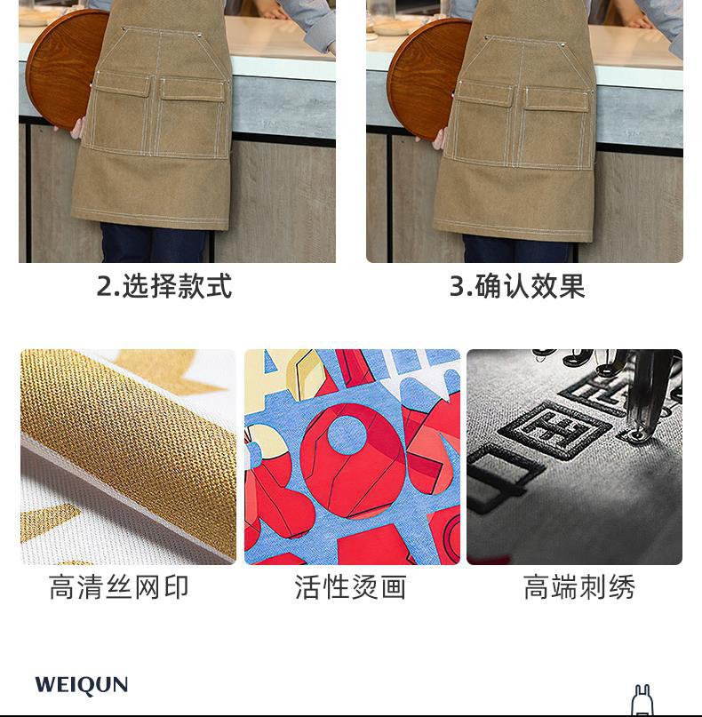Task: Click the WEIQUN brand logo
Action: tap(82, 685)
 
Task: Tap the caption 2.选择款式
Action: tap(164, 286)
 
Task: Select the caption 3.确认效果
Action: tap(517, 286)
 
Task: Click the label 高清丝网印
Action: tap(119, 587)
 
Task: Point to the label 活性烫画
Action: tap(351, 587)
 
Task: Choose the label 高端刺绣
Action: tap(579, 587)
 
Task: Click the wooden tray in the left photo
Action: tap(68, 68)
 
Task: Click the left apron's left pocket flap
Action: tap(123, 84)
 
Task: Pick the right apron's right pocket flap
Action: tap(555, 100)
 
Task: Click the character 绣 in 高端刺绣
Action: tap(621, 587)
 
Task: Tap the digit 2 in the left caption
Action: tap(105, 287)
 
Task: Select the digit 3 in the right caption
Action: tap(458, 287)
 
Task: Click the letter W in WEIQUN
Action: tap(45, 685)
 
